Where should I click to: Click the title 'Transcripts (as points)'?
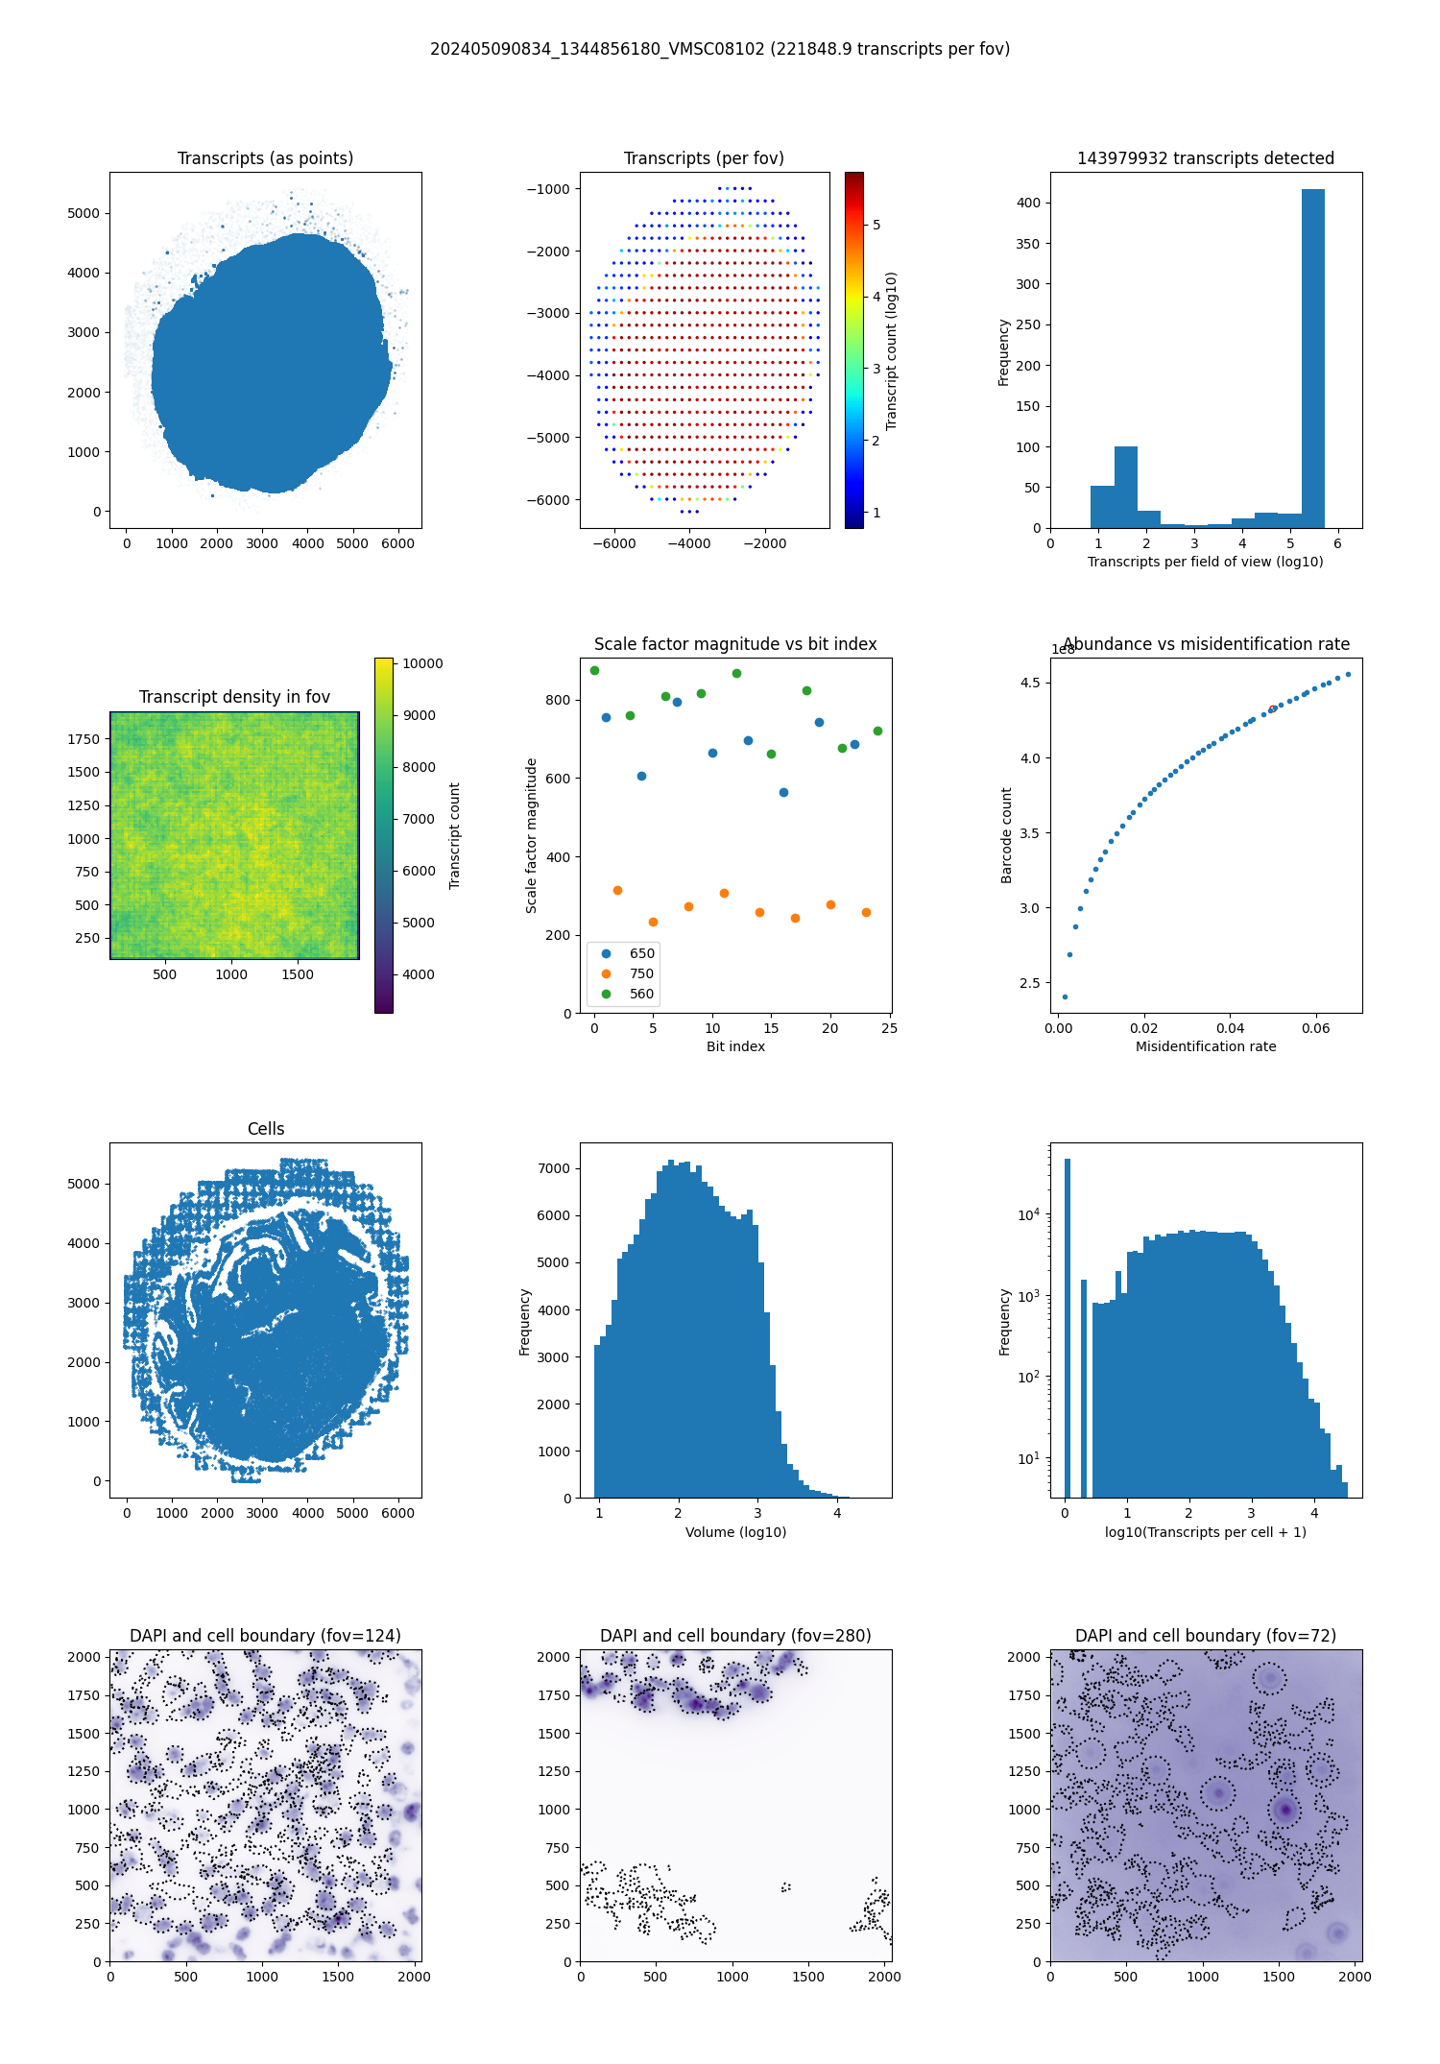point(265,158)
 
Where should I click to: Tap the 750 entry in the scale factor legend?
point(641,973)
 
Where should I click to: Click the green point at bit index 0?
point(594,670)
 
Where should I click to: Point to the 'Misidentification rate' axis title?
point(1206,1046)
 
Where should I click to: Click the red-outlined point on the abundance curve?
point(1273,708)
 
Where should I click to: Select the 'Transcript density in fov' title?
point(234,697)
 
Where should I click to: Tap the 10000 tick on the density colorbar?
point(422,663)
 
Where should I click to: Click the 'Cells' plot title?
point(266,1129)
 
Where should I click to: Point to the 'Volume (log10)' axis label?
point(735,1532)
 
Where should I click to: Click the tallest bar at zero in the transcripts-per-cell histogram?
point(1067,1325)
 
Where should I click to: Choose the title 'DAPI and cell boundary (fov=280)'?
point(735,1636)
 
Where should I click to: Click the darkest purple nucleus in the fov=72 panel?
point(1284,1811)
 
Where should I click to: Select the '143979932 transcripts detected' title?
point(1206,158)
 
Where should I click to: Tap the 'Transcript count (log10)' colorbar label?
point(892,350)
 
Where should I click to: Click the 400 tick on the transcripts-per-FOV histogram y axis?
point(1028,203)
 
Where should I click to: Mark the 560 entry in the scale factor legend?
point(641,994)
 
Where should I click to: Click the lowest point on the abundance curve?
point(1065,996)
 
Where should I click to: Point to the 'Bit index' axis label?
point(735,1046)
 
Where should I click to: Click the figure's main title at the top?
point(720,49)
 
